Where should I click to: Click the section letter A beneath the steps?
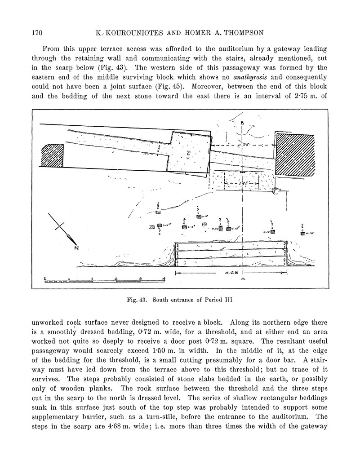[243, 279]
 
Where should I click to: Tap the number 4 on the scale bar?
[164, 279]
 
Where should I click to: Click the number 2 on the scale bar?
[116, 279]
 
